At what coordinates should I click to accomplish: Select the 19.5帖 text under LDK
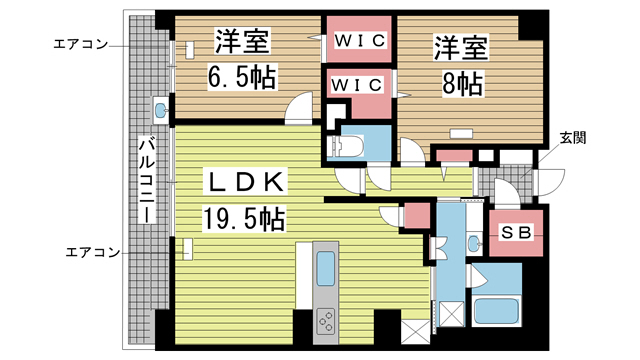pyautogui.click(x=242, y=216)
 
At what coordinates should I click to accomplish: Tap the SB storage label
pyautogui.click(x=515, y=234)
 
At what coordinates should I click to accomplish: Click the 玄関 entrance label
pyautogui.click(x=572, y=136)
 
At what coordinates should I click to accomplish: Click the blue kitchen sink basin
pyautogui.click(x=327, y=269)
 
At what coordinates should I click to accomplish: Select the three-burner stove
pyautogui.click(x=327, y=320)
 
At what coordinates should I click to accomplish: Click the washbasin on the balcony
pyautogui.click(x=160, y=107)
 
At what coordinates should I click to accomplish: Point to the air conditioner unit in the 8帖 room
pyautogui.click(x=461, y=131)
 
